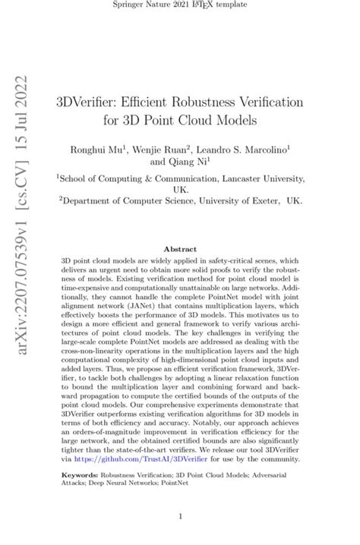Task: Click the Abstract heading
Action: (180, 247)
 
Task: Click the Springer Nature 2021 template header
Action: (180, 6)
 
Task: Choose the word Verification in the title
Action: (255, 101)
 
